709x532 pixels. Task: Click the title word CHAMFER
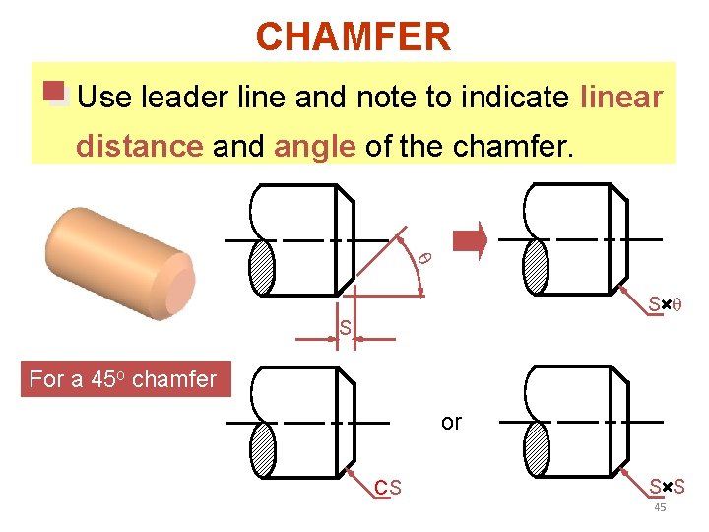point(354,37)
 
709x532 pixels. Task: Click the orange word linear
point(621,98)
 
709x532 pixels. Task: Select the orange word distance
point(139,147)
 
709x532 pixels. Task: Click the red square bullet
point(54,93)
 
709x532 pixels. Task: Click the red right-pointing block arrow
point(469,239)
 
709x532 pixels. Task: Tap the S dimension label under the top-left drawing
point(345,327)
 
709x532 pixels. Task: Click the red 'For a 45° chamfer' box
point(123,379)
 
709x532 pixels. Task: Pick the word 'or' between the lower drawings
point(451,422)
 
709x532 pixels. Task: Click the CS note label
point(387,487)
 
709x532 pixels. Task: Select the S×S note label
point(667,486)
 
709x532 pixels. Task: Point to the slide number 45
point(660,506)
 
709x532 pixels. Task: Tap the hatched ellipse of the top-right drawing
point(536,266)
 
